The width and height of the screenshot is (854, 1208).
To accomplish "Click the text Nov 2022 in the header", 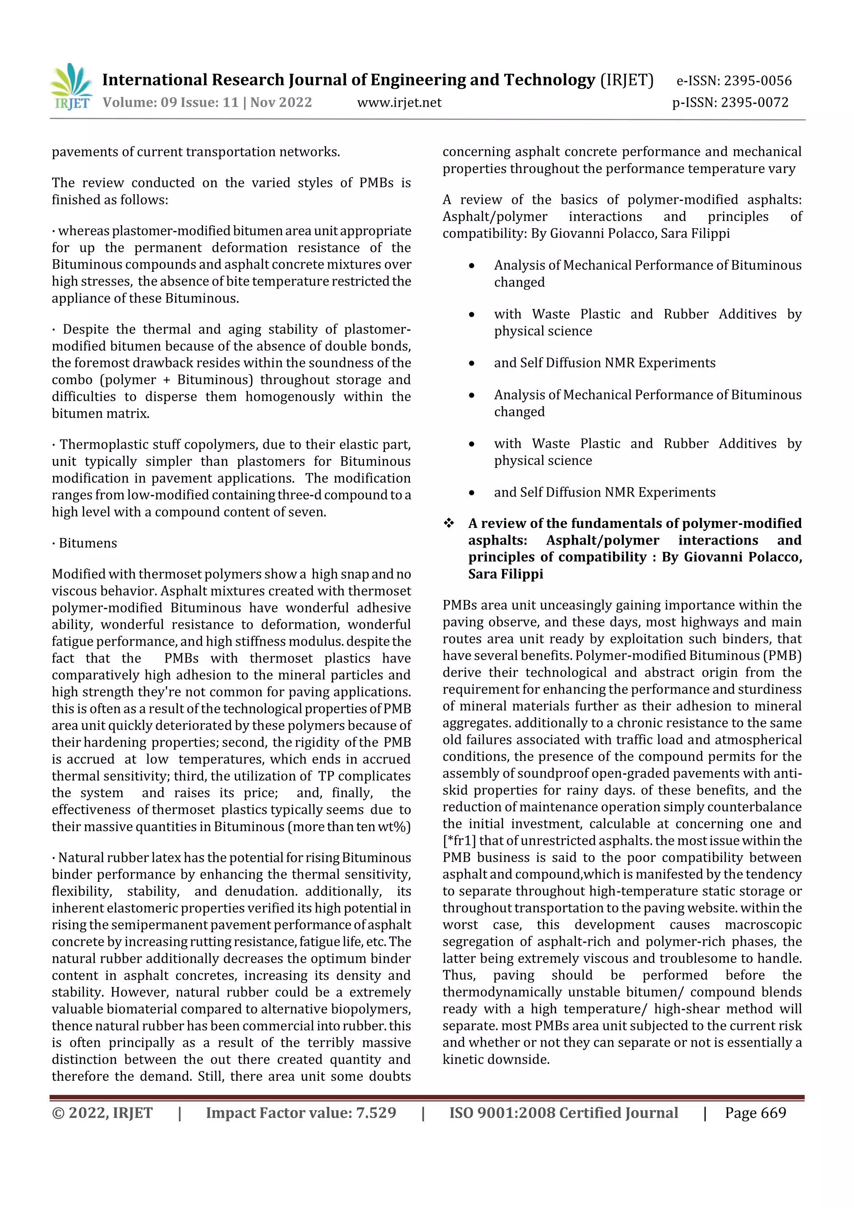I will point(281,103).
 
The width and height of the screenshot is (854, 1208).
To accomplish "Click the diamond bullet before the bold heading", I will point(449,523).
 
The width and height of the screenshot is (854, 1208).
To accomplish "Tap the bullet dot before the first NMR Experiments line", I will point(472,364).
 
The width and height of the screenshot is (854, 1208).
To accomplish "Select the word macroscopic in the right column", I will point(763,924).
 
